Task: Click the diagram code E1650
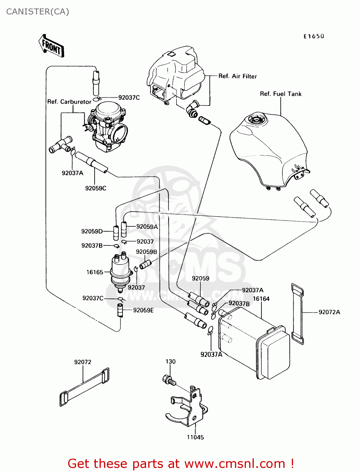pos(314,36)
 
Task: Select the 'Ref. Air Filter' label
pos(237,76)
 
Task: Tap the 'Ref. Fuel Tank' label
pos(281,94)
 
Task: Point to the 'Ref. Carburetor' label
pos(69,102)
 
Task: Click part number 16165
pos(95,272)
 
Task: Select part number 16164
pos(261,299)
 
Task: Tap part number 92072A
pos(329,312)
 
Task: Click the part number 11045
pos(195,437)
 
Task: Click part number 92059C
pos(95,188)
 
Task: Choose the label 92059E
pos(143,310)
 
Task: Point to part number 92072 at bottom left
pos(83,362)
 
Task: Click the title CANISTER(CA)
pos(38,12)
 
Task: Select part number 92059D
pos(92,231)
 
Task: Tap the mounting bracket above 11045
pos(188,408)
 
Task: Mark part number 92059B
pos(146,252)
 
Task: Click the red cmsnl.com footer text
pos(181,463)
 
